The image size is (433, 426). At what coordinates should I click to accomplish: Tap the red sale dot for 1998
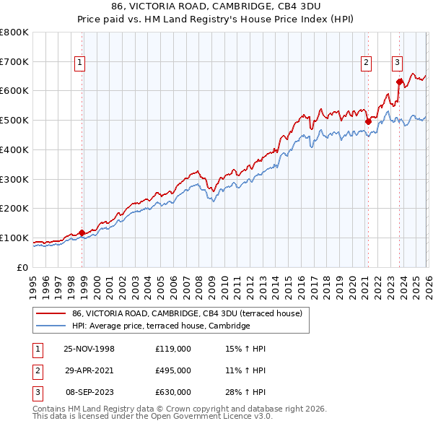(82, 232)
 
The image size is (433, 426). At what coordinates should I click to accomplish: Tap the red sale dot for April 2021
(367, 121)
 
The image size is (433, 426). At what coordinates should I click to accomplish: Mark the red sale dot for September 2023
(399, 82)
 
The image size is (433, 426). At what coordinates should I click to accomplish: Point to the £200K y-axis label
(14, 209)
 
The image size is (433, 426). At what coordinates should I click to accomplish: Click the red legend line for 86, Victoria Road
(51, 313)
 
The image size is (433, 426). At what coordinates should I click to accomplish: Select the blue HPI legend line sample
(51, 326)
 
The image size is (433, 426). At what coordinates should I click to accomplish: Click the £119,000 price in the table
(173, 349)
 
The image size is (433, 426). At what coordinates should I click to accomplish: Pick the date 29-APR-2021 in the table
(89, 370)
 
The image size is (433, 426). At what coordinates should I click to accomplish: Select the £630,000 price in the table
(173, 392)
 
